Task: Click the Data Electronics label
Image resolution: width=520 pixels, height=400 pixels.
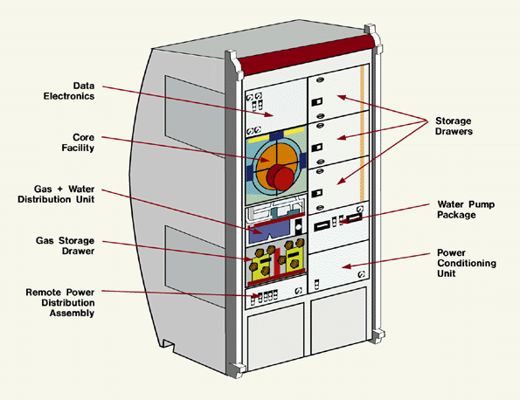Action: coord(69,91)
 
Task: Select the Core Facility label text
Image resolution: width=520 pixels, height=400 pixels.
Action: coord(78,142)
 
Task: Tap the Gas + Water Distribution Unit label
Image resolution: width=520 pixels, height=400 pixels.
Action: coord(56,194)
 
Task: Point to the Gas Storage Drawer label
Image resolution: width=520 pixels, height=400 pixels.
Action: coord(65,245)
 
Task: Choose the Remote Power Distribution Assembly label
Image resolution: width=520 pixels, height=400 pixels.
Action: coord(60,302)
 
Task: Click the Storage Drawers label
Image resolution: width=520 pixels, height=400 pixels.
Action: coord(454,126)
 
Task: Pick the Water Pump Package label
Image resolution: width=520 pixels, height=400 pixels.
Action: coord(466,210)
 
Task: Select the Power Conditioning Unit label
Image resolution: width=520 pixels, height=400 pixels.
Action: coord(467,263)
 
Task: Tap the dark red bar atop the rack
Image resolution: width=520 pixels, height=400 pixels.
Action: coord(307,55)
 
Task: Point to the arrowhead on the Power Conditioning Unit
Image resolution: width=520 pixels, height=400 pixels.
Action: coord(346,266)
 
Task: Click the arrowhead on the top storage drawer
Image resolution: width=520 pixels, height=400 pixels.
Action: coord(342,97)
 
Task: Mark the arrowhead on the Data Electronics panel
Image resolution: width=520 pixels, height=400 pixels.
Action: coord(269,114)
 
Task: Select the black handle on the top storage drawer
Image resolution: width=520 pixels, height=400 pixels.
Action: coord(316,101)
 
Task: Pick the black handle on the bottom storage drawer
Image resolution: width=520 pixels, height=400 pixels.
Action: coord(316,193)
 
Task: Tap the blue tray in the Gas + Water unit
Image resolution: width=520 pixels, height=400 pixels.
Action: coord(269,231)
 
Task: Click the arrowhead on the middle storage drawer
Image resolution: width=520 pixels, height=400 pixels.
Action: coord(342,137)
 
